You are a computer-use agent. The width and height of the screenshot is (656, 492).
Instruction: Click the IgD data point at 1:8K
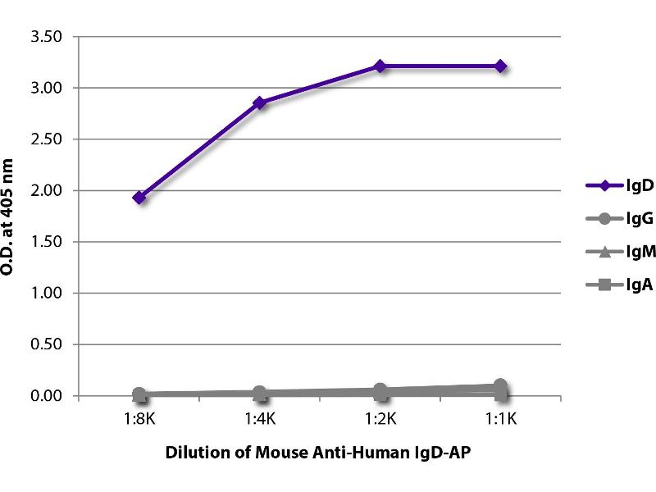click(139, 197)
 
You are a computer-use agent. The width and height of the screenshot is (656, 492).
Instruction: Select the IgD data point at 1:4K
click(260, 102)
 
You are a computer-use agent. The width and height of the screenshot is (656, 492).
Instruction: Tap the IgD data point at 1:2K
click(380, 66)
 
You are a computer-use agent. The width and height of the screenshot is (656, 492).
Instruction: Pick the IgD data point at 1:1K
click(500, 66)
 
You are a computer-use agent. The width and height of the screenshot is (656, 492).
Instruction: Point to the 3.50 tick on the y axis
click(47, 37)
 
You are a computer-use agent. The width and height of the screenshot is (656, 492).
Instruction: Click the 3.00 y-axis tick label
click(47, 88)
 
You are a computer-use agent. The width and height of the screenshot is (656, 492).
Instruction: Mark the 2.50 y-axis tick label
click(47, 139)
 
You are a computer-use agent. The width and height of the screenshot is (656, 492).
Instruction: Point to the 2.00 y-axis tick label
click(47, 190)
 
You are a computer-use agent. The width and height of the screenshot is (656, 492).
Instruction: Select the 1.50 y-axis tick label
click(47, 242)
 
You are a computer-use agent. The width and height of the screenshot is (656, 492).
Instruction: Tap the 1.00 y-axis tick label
click(47, 293)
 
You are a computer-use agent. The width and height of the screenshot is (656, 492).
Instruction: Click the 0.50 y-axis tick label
click(47, 344)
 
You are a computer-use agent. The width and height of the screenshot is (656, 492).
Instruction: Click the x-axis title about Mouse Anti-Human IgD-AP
click(320, 453)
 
